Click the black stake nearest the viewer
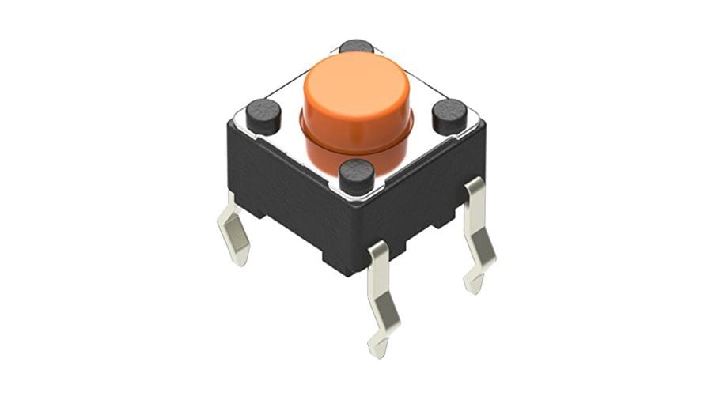coord(356,175)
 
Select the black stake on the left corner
coord(263,116)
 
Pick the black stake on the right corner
coord(449,116)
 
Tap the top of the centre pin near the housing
coord(379,251)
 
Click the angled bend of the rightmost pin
coord(479,245)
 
